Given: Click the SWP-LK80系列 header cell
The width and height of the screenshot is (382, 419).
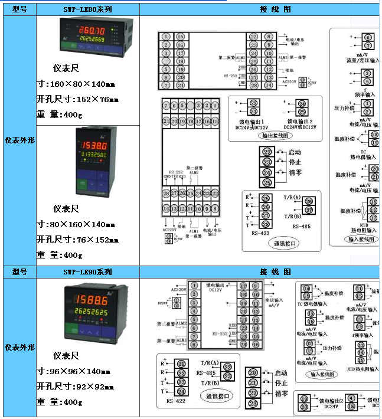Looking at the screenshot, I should click(x=87, y=9).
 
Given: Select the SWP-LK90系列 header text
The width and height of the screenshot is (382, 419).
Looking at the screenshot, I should click(x=87, y=272).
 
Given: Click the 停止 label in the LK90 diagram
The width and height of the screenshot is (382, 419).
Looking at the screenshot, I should click(x=281, y=383).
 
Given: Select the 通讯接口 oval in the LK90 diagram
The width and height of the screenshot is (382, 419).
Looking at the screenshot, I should click(x=216, y=396).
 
